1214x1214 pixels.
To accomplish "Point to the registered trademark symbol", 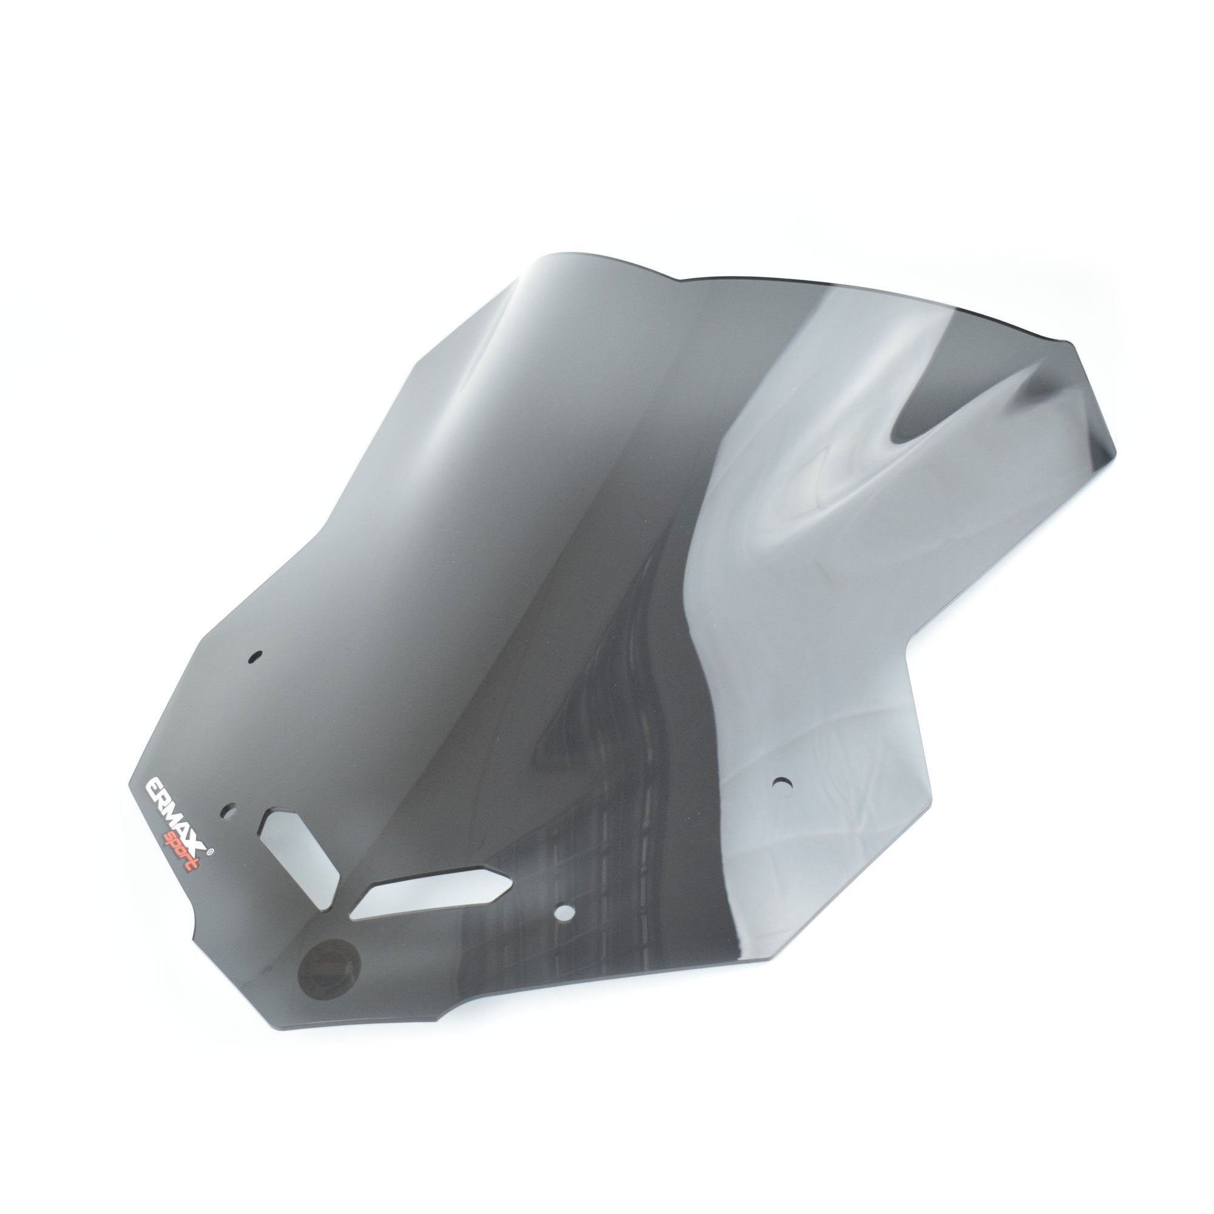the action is (211, 853).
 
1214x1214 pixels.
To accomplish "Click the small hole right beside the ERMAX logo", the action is (231, 811).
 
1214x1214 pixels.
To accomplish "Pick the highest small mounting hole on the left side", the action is (254, 657).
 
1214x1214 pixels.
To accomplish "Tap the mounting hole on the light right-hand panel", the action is (782, 783).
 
